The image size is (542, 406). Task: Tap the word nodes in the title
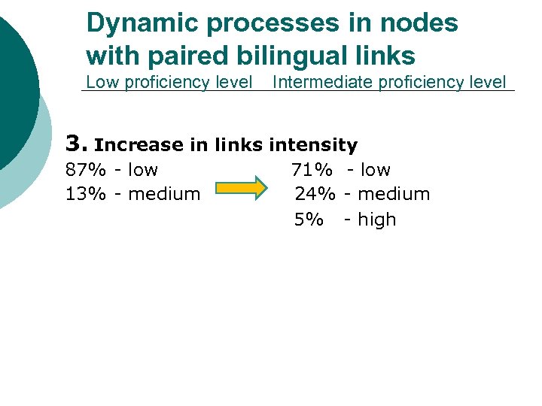[x=421, y=24]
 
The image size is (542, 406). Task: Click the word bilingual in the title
[x=287, y=56]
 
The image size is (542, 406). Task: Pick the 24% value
[x=315, y=194]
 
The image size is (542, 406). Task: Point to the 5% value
[x=309, y=220]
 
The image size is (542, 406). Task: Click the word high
[x=376, y=220]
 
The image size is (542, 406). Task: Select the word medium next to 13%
[x=164, y=194]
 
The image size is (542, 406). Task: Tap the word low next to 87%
[x=142, y=170]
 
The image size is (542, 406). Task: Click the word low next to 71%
[x=375, y=170]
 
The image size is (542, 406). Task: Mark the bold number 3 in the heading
[x=73, y=143]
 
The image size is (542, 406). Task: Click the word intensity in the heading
[x=313, y=144]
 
